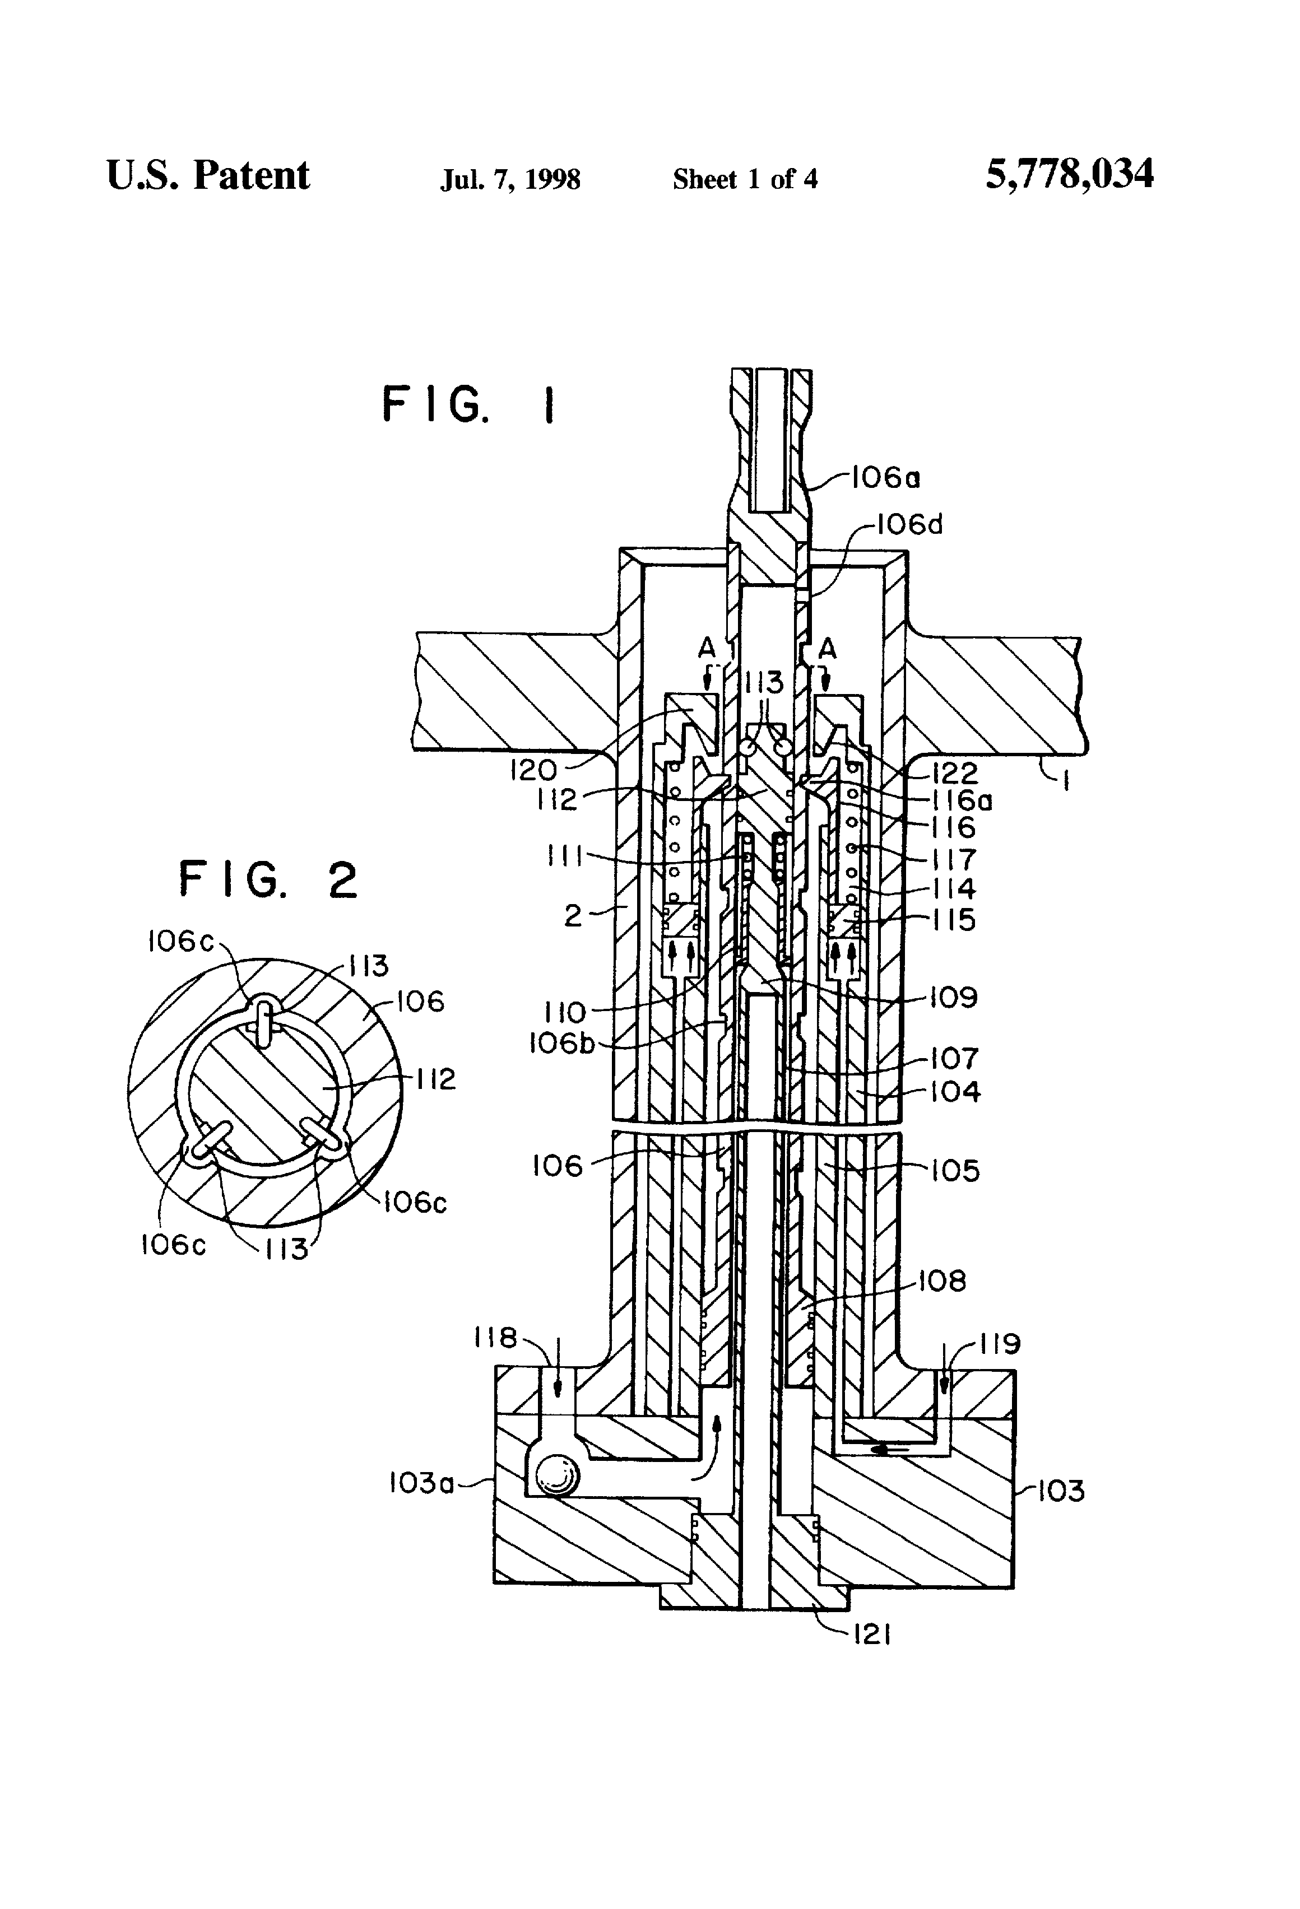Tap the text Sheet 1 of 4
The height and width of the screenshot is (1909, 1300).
(745, 179)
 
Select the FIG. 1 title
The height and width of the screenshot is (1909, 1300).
(469, 405)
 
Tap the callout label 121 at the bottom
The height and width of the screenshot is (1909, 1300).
(872, 1636)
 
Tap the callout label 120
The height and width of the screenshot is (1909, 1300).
(533, 770)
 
